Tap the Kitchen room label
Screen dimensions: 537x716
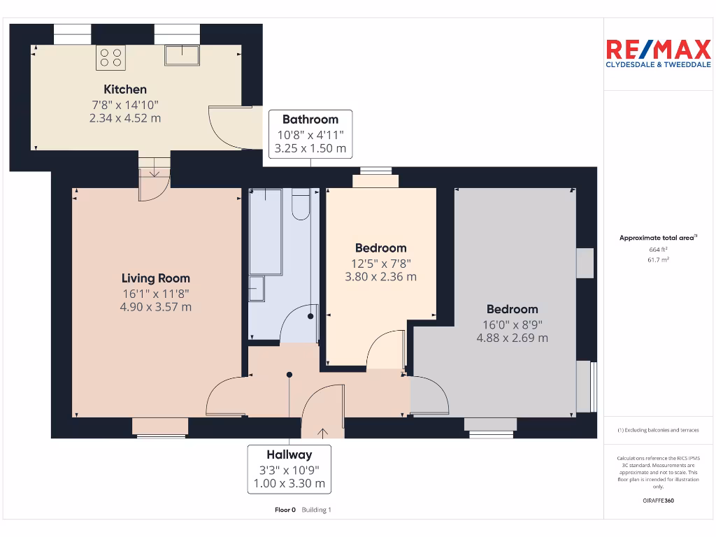[125, 89]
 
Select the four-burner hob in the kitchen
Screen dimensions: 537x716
[110, 57]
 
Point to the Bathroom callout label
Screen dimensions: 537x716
[310, 120]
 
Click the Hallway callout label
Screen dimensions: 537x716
[289, 454]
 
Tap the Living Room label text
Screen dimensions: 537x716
[156, 278]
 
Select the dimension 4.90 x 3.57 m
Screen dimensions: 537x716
[156, 307]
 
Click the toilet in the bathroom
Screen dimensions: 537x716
[301, 203]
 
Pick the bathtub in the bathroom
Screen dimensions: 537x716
[266, 231]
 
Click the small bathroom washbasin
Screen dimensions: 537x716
[257, 287]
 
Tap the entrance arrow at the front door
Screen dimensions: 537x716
[323, 432]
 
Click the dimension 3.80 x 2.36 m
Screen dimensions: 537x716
[380, 277]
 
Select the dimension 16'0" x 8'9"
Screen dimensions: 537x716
[512, 324]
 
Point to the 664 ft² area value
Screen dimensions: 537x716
[658, 249]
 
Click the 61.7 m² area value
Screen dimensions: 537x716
[658, 259]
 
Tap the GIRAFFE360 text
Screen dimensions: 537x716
[658, 501]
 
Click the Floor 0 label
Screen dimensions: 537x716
[285, 510]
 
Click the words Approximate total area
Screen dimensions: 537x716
[657, 238]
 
